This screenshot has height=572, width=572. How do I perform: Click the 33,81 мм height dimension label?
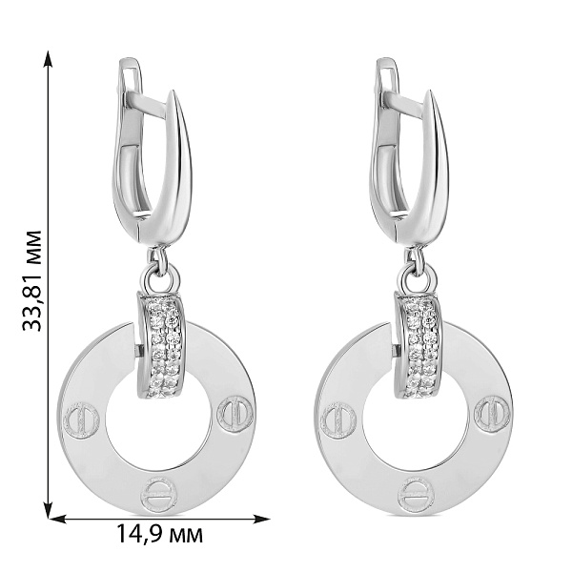tap(32, 280)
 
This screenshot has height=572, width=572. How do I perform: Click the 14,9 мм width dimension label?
tap(159, 534)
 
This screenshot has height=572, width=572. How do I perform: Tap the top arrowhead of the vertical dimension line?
tap(48, 59)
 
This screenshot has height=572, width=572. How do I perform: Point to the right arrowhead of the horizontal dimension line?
tap(261, 519)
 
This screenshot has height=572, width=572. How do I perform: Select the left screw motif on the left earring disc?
tap(81, 419)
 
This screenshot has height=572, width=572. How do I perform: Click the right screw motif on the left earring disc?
tap(235, 414)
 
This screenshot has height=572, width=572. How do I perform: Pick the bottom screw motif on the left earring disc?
tap(158, 495)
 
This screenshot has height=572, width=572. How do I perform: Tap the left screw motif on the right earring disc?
tap(337, 419)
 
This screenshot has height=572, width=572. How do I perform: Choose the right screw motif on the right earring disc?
tap(492, 414)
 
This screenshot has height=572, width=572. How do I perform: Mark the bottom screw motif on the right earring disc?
tap(416, 495)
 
